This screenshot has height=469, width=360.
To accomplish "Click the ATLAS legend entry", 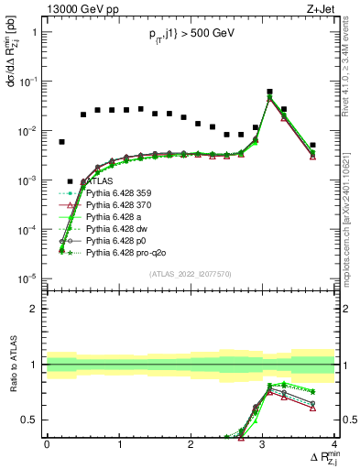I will pyautogui.click(x=104, y=181).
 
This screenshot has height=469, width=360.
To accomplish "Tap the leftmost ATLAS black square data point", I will pyautogui.click(x=61, y=142).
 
